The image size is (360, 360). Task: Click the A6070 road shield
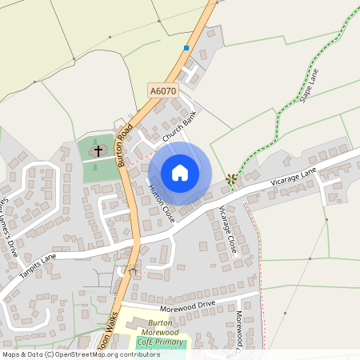click(162, 92)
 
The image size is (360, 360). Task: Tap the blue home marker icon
click(180, 173)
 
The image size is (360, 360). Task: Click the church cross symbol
click(99, 150)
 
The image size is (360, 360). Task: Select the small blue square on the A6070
click(186, 48)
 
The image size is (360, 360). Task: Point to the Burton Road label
click(124, 145)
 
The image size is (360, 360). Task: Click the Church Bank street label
click(179, 128)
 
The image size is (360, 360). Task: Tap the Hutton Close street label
click(162, 202)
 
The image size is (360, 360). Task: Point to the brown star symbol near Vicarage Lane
click(232, 178)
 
